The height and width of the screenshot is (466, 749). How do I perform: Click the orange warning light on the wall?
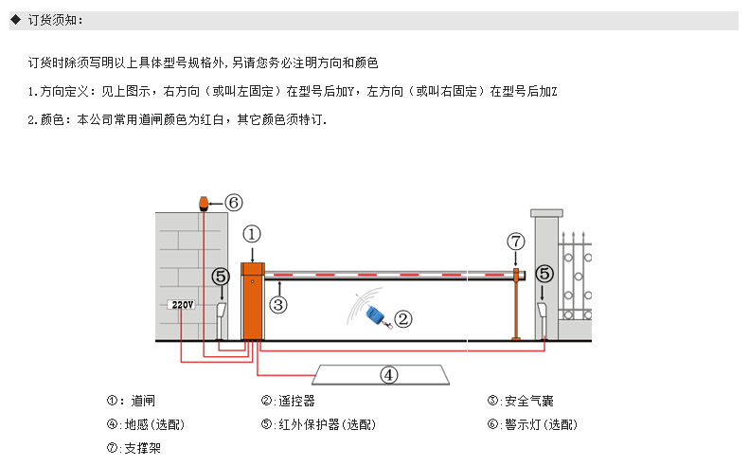pos(204,203)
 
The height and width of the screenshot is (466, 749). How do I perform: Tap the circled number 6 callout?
pos(234,203)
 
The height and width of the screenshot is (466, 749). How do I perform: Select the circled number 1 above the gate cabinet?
pos(252,234)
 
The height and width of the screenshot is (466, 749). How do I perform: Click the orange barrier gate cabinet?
pos(252,300)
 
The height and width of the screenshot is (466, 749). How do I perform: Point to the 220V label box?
pos(182,304)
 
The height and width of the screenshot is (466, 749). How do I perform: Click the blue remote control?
pos(377,317)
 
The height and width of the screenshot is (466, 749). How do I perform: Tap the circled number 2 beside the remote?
pos(403,319)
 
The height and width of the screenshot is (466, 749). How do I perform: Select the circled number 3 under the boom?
pos(278,304)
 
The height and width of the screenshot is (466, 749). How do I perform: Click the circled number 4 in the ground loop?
pos(389,375)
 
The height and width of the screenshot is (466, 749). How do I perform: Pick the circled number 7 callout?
pos(516,242)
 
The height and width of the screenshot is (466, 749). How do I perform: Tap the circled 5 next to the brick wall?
pos(221,277)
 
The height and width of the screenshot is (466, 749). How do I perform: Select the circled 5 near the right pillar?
pos(544,274)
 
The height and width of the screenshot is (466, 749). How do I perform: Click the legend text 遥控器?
pos(296,401)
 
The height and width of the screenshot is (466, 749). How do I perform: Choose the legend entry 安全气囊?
pos(529,401)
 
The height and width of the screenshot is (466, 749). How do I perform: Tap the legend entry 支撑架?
pos(142,448)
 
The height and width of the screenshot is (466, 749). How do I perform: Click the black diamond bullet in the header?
pos(16,20)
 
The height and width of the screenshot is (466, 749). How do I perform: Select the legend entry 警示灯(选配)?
pos(542,424)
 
